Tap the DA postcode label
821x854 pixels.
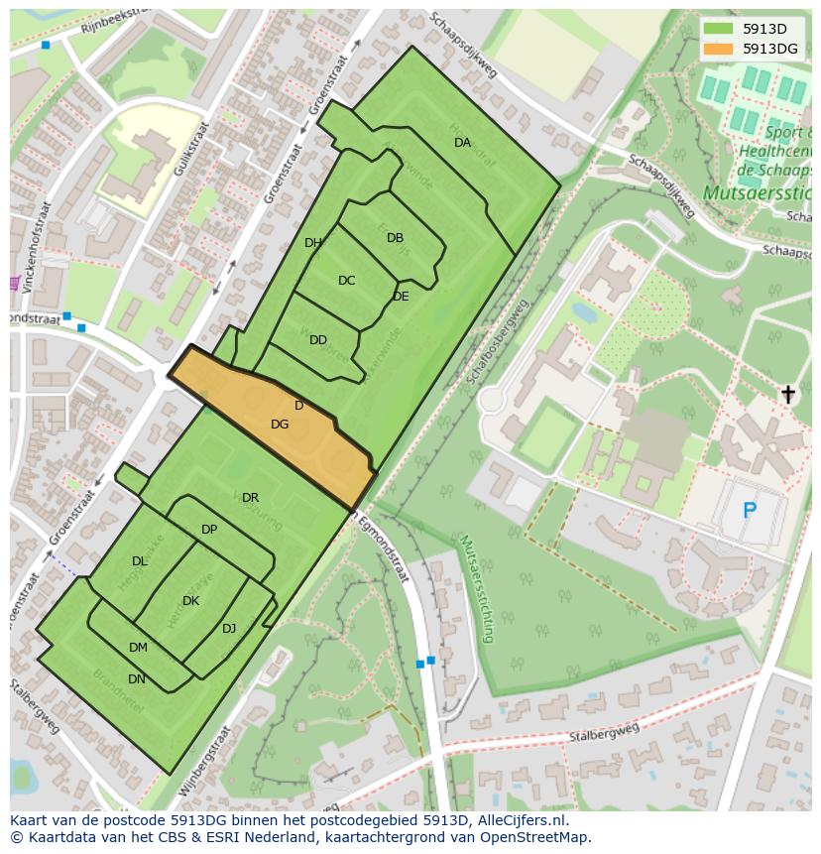(x=463, y=143)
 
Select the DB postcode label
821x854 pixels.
(x=395, y=238)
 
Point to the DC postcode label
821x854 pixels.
(x=346, y=281)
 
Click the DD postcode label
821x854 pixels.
(x=317, y=340)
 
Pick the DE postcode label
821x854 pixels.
(x=401, y=297)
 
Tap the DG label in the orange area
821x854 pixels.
(x=280, y=425)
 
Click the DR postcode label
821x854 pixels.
(x=250, y=498)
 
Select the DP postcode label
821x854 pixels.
(x=209, y=530)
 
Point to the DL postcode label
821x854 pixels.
(x=139, y=561)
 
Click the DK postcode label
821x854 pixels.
(x=190, y=601)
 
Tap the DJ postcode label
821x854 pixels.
(x=229, y=628)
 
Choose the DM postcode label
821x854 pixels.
(x=138, y=648)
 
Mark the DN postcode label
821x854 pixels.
(x=137, y=679)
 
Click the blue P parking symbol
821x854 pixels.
(x=749, y=511)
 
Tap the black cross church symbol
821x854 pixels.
(x=787, y=395)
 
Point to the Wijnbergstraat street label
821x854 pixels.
(x=205, y=762)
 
